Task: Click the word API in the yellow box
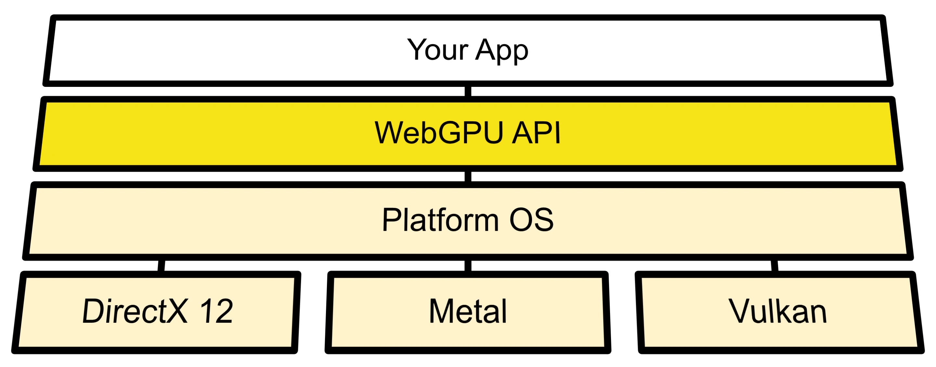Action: pos(536,133)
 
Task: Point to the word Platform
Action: pos(440,220)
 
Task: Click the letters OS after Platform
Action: pos(531,220)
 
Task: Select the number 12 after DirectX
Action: pos(216,311)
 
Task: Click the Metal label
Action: pos(468,311)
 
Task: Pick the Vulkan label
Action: pos(778,311)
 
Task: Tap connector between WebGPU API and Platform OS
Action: pos(468,176)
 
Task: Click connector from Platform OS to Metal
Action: pos(468,265)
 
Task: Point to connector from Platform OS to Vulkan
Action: pos(774,265)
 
